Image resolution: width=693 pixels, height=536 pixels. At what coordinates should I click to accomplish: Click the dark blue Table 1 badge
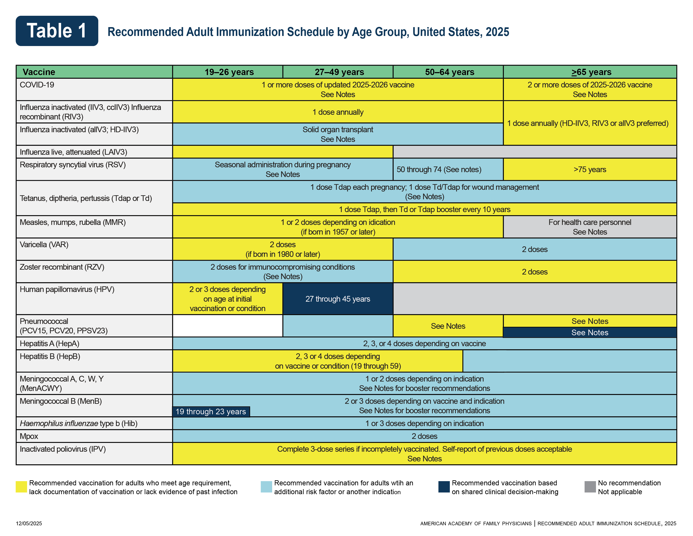(57, 31)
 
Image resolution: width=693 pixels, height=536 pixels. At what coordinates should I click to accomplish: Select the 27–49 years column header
(339, 72)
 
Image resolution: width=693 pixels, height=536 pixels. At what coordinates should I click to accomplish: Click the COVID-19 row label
(37, 85)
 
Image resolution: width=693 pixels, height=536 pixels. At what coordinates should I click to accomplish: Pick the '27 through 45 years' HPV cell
(338, 299)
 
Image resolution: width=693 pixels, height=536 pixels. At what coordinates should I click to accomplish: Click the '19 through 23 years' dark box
(211, 412)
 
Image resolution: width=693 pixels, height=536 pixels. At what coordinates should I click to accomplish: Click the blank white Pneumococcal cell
(227, 326)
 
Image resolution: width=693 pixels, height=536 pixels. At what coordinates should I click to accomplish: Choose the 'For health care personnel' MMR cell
(589, 227)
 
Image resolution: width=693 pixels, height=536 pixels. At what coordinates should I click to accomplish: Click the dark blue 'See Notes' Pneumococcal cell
(589, 333)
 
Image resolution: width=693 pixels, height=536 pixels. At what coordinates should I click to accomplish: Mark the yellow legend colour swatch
(21, 487)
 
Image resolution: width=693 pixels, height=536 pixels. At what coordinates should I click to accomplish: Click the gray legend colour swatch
(590, 487)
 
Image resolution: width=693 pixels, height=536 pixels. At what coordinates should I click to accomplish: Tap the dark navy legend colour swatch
(444, 487)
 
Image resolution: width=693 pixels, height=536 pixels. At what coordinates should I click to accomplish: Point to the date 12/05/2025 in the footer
(29, 523)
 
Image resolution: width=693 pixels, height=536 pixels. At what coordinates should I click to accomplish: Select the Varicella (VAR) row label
(44, 244)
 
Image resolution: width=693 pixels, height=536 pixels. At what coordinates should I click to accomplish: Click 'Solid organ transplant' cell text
(338, 129)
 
